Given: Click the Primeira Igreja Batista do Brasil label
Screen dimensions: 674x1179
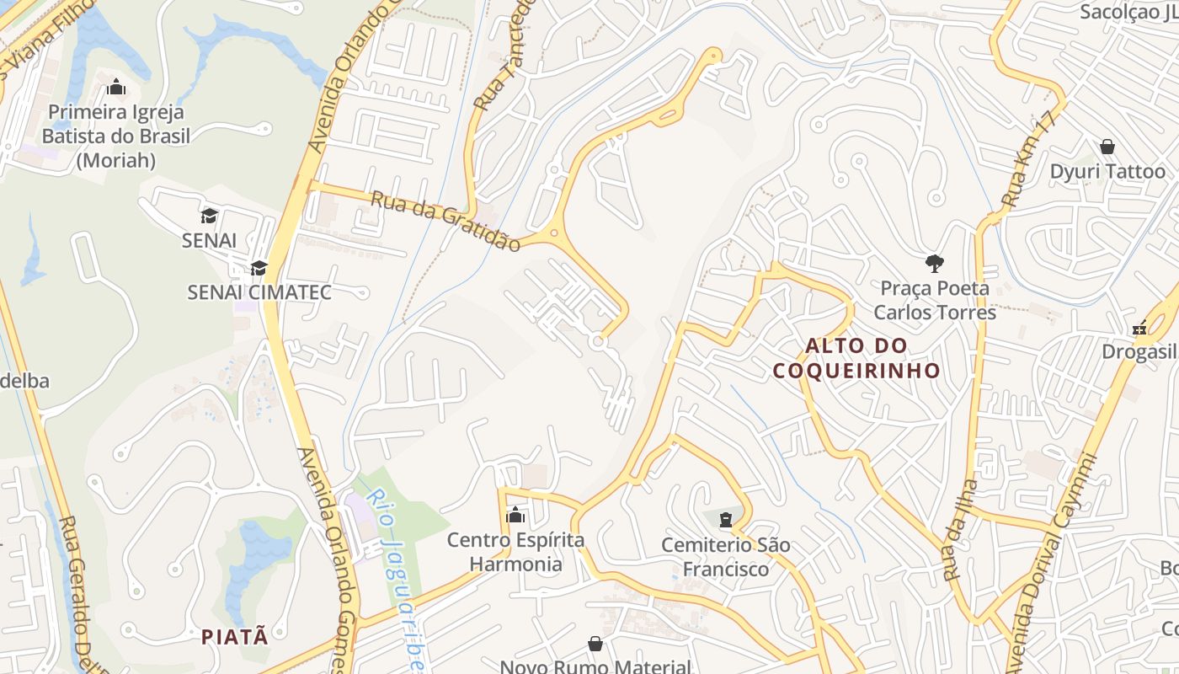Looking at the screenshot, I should (116, 136).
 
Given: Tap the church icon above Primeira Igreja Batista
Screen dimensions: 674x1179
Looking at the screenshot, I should (116, 88).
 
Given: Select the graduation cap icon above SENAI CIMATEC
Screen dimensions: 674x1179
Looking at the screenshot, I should (259, 269).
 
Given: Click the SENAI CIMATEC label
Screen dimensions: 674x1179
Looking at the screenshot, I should (259, 292).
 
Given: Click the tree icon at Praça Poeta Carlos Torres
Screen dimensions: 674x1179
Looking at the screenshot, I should (934, 264).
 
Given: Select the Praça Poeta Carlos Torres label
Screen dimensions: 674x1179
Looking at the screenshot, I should (934, 300).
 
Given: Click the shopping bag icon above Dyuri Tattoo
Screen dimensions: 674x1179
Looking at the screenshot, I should (1107, 147).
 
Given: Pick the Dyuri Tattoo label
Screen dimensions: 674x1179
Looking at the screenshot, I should (1107, 172).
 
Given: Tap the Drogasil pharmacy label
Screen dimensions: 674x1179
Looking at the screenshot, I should (1139, 351).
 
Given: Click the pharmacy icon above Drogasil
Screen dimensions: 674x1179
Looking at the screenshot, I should (1140, 328).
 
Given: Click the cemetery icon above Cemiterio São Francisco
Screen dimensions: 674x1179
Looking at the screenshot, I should (726, 518).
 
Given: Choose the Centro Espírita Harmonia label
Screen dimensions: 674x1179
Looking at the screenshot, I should (515, 552).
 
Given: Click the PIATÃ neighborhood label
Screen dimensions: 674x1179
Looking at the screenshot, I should (235, 636).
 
